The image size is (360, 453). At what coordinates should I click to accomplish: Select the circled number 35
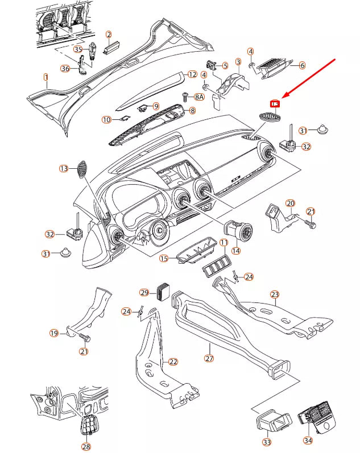pyautogui.click(x=78, y=49)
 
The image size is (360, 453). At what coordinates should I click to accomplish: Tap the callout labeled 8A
pyautogui.click(x=200, y=97)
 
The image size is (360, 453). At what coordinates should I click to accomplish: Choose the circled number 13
pyautogui.click(x=64, y=168)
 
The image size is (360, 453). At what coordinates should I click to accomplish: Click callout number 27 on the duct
pyautogui.click(x=209, y=359)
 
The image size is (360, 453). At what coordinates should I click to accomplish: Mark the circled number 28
pyautogui.click(x=86, y=447)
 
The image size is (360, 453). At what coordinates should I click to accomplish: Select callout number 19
pyautogui.click(x=54, y=333)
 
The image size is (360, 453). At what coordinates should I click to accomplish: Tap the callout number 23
pyautogui.click(x=275, y=294)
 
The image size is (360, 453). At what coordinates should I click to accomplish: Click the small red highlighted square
pyautogui.click(x=275, y=103)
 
